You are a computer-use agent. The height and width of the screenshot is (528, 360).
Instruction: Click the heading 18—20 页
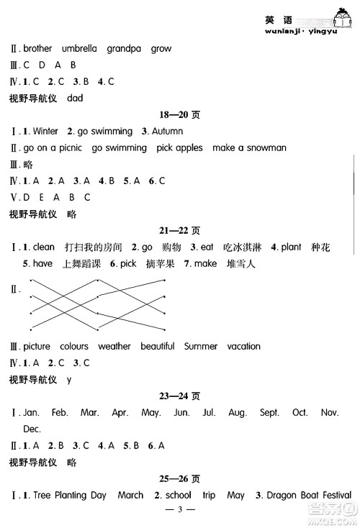[179, 115]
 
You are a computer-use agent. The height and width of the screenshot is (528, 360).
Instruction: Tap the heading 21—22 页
[179, 230]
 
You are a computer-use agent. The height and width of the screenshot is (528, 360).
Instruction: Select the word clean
[44, 247]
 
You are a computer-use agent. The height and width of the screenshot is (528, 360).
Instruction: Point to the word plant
[291, 247]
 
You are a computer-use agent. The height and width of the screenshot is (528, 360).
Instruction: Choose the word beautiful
[157, 346]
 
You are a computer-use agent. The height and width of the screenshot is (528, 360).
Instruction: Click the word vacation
[243, 346]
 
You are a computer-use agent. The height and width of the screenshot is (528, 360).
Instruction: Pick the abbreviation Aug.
[237, 413]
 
